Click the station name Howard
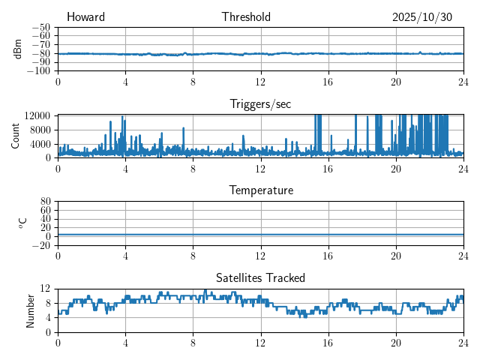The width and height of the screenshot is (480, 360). click(x=85, y=17)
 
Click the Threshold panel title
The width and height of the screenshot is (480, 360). click(x=246, y=17)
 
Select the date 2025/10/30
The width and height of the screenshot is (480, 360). click(x=421, y=17)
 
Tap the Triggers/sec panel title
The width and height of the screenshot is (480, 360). click(x=260, y=104)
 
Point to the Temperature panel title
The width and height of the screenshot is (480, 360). click(x=260, y=190)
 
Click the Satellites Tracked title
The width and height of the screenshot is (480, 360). click(x=260, y=277)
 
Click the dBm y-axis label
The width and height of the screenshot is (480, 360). click(x=18, y=49)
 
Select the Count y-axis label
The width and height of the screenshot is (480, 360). click(x=16, y=136)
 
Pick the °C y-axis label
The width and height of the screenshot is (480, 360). click(x=22, y=223)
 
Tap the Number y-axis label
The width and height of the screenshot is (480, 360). click(x=31, y=310)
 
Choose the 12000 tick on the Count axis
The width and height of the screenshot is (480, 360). click(x=37, y=116)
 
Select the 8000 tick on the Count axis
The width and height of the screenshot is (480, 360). click(x=39, y=130)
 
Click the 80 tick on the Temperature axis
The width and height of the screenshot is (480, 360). click(x=46, y=202)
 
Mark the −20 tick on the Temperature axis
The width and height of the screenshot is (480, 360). click(x=42, y=245)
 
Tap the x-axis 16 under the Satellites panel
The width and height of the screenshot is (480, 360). click(x=328, y=343)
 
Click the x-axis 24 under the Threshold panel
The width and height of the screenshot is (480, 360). click(x=463, y=82)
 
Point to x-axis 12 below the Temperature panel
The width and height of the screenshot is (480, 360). click(x=260, y=256)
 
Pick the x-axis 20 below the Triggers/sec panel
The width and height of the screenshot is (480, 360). click(x=395, y=169)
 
